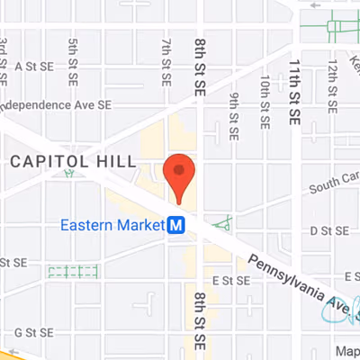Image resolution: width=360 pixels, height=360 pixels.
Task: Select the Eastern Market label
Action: coord(112,224)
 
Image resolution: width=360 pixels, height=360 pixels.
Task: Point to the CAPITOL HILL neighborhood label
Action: coord(73,161)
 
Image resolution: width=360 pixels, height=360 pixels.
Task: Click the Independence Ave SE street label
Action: coord(54,104)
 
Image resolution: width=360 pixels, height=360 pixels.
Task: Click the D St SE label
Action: coord(329,231)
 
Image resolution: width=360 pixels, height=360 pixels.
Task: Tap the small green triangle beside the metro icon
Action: coord(224,223)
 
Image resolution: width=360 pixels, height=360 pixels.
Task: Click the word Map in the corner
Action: coord(346,351)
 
